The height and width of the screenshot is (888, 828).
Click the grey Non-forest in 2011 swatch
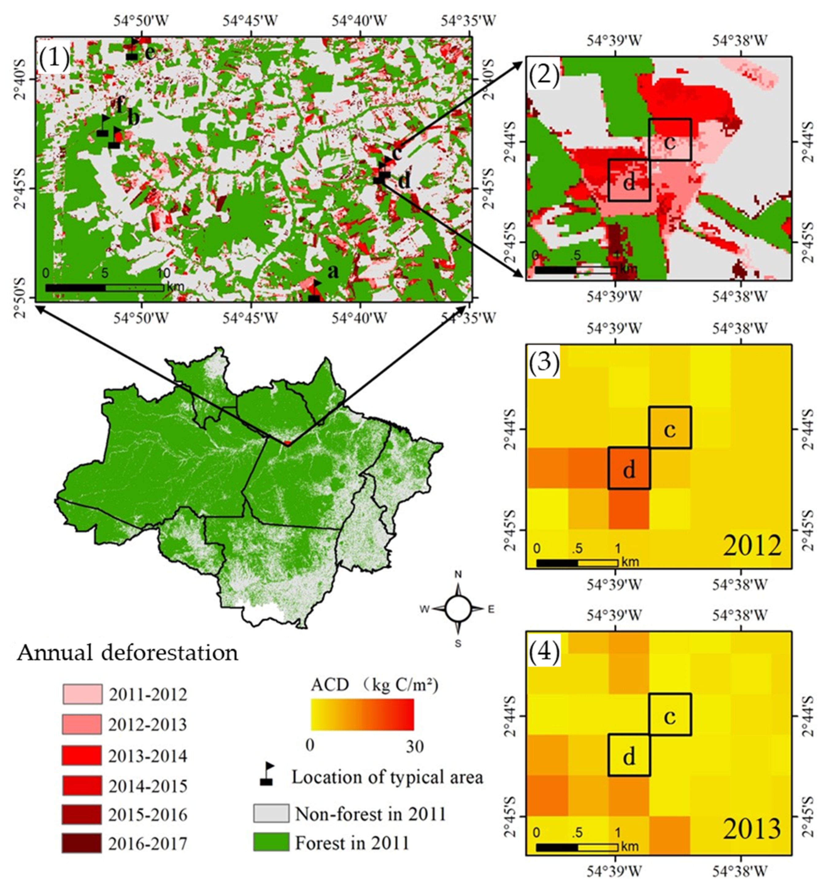(x=271, y=813)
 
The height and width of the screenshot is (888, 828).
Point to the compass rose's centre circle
(x=458, y=608)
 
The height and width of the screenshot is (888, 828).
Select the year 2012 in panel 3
(x=752, y=545)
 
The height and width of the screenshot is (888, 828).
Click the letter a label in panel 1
(x=333, y=271)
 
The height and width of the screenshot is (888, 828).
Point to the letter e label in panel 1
(x=151, y=53)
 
